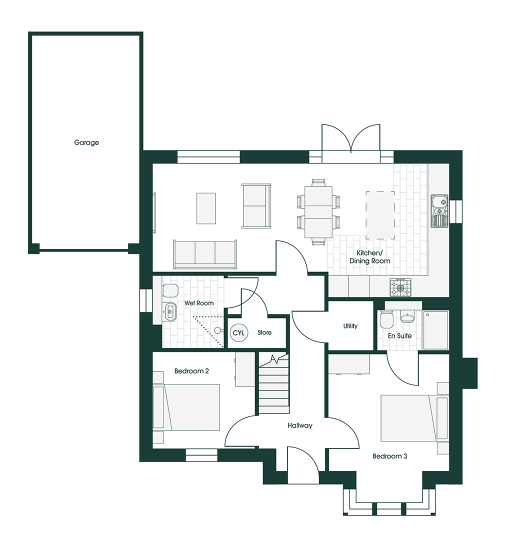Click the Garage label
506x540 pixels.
(86, 142)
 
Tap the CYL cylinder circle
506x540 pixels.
(238, 332)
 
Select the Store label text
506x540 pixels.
(264, 332)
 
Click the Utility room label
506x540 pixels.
(350, 326)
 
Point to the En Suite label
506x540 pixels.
(399, 335)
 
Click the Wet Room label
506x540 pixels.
(198, 303)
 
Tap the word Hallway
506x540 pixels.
(299, 425)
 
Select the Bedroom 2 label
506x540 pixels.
(191, 371)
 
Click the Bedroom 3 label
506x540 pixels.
(390, 456)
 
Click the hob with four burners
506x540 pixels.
(400, 286)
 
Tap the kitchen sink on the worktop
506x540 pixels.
(439, 210)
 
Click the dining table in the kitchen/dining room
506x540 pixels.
(318, 212)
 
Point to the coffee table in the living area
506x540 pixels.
(206, 208)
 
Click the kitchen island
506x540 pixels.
(380, 215)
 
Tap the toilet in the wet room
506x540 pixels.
(169, 290)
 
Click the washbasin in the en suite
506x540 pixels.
(407, 318)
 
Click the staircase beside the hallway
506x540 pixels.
(274, 385)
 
